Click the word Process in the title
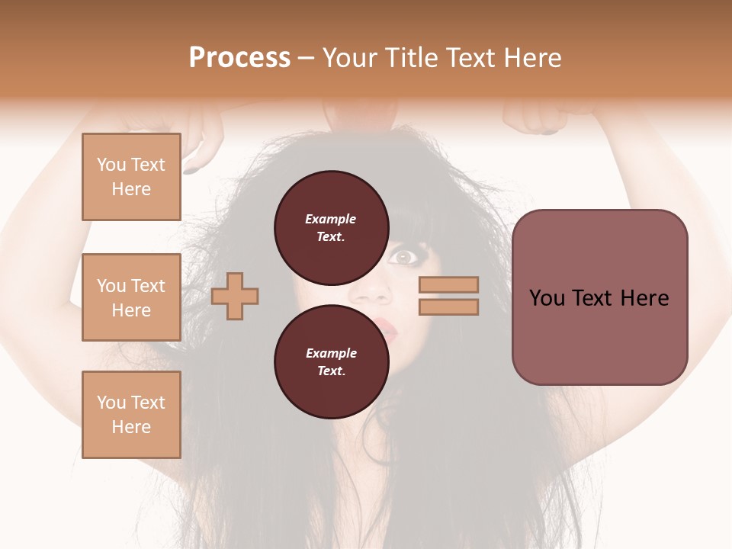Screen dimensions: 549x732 (239, 58)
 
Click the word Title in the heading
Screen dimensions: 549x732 (412, 58)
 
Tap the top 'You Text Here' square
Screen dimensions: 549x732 (131, 177)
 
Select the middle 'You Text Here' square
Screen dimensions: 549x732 (131, 297)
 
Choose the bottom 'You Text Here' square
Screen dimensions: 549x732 (131, 415)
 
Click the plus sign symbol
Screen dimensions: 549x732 (235, 296)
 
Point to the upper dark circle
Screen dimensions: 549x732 (330, 227)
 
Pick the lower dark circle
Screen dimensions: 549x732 (330, 361)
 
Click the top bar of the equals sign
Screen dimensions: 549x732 (448, 285)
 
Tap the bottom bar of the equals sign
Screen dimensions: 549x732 (448, 307)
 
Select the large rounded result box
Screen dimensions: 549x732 (599, 297)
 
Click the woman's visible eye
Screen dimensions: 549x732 (402, 257)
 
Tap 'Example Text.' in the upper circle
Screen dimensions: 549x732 (330, 227)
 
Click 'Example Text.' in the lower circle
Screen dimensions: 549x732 (330, 361)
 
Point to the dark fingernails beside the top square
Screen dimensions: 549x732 (191, 169)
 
